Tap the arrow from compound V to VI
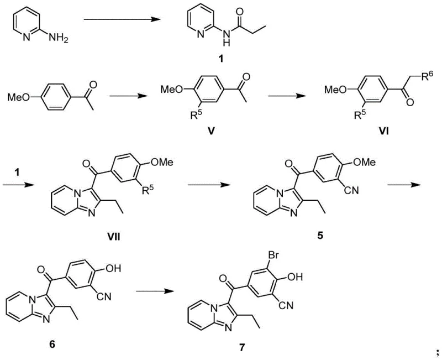(x=285, y=97)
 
